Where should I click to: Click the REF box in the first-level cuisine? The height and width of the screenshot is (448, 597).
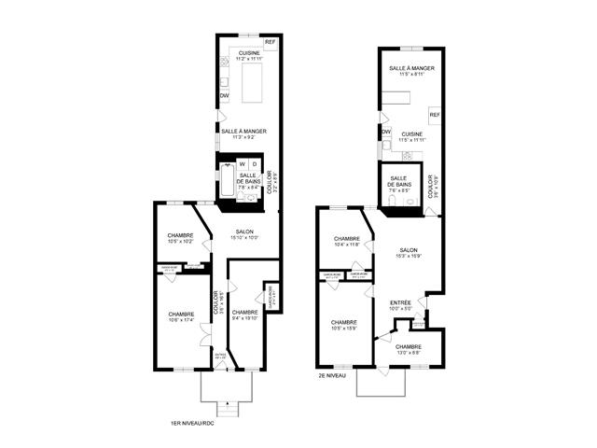pos(271,43)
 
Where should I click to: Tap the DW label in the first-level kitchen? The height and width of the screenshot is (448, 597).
pos(225,95)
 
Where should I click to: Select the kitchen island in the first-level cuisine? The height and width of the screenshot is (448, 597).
pos(254,84)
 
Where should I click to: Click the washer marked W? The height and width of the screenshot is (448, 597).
pos(242,164)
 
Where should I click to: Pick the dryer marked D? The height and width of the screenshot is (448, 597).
pos(256,164)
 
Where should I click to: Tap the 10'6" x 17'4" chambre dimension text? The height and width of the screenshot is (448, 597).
pos(180,321)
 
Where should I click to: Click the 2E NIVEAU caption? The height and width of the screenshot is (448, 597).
pos(331,377)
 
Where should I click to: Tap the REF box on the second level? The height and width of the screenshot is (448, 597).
pos(434,114)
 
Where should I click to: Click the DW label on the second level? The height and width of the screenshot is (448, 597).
pos(386,133)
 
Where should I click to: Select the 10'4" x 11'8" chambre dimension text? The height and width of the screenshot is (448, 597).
pos(347,245)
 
